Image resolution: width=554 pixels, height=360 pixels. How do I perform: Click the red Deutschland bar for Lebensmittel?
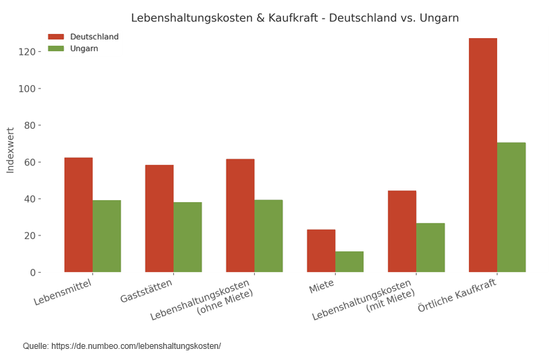(78, 215)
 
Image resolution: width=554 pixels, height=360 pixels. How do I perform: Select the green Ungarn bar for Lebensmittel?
(107, 236)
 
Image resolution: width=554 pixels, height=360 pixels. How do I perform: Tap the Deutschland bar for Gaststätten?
(159, 218)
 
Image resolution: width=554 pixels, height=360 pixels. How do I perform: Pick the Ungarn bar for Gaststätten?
(188, 237)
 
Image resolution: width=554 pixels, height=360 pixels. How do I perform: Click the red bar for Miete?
(321, 251)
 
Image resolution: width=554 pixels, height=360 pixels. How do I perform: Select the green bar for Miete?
(350, 262)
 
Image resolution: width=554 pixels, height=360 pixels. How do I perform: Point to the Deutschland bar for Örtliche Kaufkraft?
(483, 155)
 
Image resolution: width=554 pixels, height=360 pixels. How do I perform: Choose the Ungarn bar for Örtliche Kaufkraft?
(511, 207)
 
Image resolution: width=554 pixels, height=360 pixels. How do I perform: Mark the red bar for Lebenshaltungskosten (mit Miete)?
(402, 231)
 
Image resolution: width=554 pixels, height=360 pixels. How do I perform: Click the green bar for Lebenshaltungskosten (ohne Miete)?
(269, 236)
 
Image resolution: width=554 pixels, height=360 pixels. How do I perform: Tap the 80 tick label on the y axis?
(30, 125)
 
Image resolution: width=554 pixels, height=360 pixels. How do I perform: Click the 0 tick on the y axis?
(33, 273)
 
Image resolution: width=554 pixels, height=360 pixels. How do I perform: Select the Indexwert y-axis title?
(10, 150)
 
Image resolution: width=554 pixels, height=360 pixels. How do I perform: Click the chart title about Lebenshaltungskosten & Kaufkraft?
(295, 18)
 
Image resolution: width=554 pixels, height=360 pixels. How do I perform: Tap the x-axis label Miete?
(322, 286)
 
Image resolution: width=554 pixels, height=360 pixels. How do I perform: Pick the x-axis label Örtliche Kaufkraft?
(458, 294)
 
